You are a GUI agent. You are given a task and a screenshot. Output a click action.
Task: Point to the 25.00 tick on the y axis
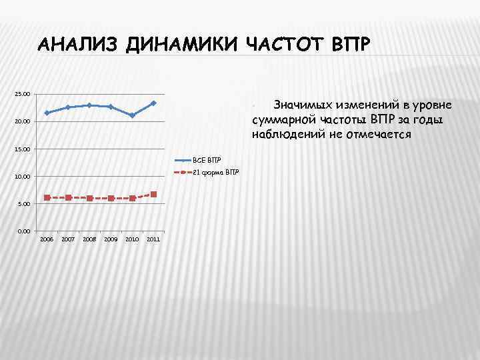pos(22,94)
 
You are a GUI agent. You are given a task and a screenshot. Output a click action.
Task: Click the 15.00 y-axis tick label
pos(22,149)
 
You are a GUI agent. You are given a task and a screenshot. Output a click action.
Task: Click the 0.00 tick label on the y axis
pos(23,231)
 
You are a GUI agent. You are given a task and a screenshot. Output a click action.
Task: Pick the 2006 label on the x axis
pos(47,239)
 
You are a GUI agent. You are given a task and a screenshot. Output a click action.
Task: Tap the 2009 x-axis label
pos(111,239)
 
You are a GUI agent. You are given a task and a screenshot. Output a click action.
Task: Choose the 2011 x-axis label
pos(153,239)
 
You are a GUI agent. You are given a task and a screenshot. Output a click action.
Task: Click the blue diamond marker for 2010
pos(132,115)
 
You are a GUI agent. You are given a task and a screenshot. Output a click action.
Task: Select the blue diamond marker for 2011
pos(153,103)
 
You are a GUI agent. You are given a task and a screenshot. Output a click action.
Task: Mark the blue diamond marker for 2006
pos(47,113)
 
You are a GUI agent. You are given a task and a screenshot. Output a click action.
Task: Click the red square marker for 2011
pos(153,194)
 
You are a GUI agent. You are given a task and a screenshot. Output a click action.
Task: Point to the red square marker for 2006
pos(47,197)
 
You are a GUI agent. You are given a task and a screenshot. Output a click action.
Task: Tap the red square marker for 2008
pos(89,198)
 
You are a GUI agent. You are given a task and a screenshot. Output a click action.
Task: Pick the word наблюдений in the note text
pos(283,134)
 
